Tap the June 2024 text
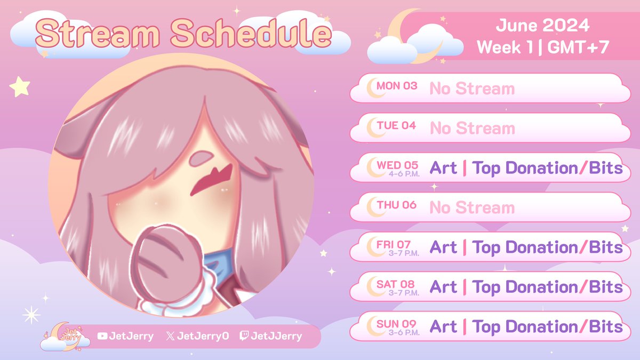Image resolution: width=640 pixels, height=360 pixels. coord(542,25)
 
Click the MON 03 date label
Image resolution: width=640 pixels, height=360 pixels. coord(397,86)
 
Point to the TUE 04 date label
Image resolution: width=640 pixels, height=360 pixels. coord(396,126)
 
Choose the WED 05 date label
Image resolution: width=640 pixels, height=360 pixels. coord(397,165)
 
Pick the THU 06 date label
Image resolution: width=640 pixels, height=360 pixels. coord(396,205)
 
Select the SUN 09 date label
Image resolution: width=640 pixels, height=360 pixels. coord(396,323)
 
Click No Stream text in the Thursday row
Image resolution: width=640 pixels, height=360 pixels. coord(472,207)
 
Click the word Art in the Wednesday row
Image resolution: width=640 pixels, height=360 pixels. coord(443,168)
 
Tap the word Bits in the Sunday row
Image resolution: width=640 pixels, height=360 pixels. coord(605,326)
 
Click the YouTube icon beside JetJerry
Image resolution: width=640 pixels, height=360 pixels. coord(103,336)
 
